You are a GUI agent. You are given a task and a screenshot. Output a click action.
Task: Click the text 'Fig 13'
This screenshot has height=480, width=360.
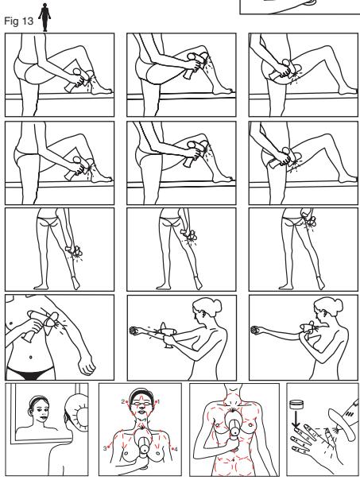(18, 21)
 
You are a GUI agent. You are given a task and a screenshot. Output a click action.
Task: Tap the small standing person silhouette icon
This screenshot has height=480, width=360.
(45, 17)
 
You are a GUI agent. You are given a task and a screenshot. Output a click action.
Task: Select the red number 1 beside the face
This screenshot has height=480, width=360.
(158, 401)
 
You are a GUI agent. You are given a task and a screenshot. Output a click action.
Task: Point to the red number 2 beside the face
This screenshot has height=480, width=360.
(122, 401)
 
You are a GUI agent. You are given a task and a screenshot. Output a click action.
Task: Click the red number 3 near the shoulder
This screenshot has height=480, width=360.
(105, 448)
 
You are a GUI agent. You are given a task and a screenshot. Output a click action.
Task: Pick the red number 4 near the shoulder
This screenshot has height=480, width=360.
(176, 449)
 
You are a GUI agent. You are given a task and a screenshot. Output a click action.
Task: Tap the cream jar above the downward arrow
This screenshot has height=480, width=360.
(296, 405)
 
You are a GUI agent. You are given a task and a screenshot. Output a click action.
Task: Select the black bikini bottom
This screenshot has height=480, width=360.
(29, 374)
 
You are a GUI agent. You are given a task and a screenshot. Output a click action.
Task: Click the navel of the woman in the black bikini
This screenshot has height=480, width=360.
(31, 357)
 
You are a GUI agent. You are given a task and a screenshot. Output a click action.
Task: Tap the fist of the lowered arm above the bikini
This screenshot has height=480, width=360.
(87, 366)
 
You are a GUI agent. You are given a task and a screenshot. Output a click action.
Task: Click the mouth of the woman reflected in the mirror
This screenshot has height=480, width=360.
(42, 416)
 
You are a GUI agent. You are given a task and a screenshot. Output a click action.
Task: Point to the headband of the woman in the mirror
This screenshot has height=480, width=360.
(38, 399)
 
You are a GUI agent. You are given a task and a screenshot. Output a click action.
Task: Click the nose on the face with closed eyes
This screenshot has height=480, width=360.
(141, 408)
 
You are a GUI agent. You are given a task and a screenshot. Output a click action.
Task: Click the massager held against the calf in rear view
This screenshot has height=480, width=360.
(73, 250)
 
